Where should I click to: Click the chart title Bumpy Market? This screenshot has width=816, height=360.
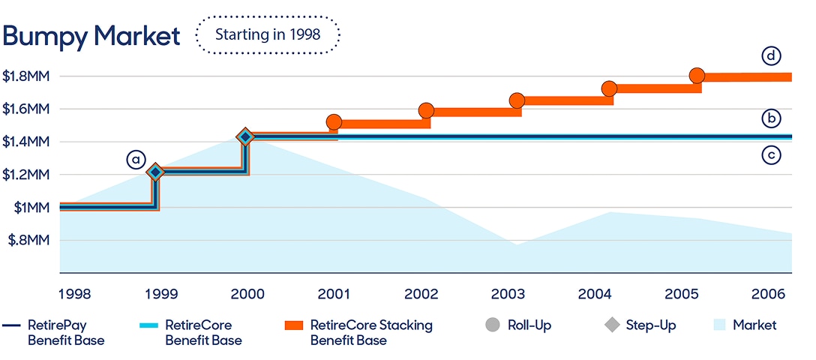91,35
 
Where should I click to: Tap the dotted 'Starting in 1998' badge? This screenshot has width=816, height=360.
268,34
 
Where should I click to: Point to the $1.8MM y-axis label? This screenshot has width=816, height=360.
26,76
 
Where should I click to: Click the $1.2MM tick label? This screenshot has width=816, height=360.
26,175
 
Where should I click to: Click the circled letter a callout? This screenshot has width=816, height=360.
135,160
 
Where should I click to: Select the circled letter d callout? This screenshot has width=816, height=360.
771,56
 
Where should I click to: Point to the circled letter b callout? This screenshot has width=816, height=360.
771,118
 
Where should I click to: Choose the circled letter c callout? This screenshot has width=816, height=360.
771,155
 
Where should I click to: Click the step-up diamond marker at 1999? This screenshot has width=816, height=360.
155,172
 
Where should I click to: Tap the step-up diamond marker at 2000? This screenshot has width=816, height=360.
244,136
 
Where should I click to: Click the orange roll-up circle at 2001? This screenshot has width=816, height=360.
334,121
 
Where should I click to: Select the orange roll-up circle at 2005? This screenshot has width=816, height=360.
697,76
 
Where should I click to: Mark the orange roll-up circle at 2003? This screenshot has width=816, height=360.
517,100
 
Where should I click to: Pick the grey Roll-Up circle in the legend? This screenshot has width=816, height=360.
492,325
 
